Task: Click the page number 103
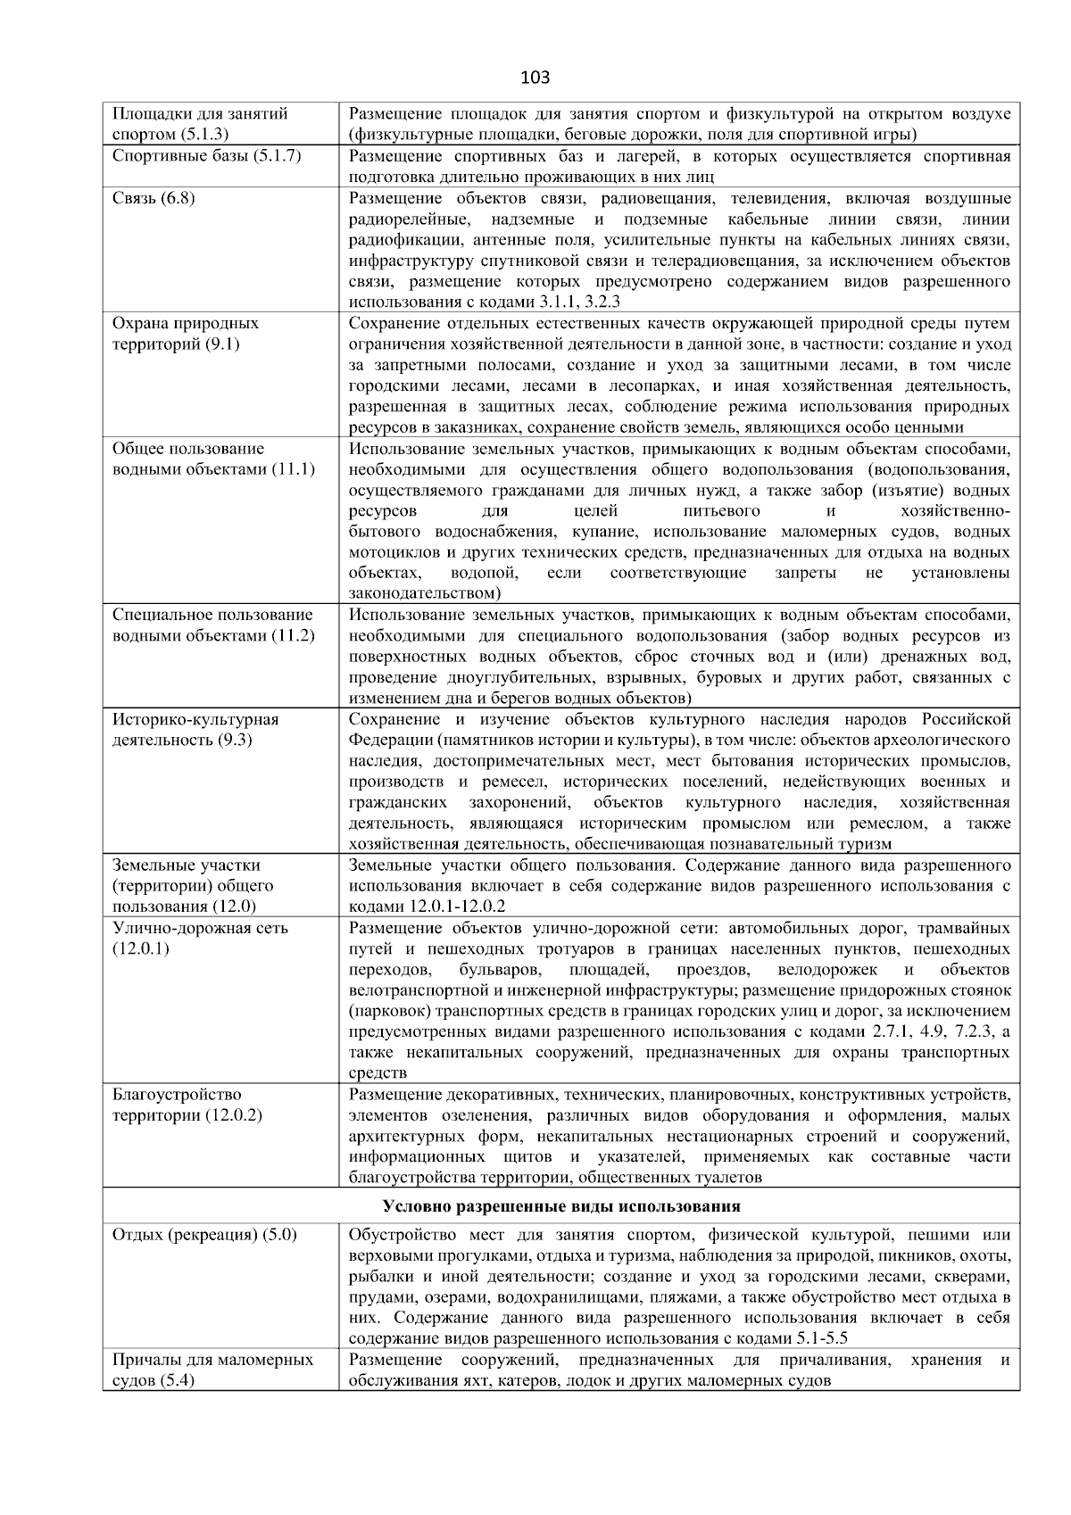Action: [x=535, y=78]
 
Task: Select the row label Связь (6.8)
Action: [x=154, y=198]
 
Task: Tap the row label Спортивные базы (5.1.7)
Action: [x=206, y=156]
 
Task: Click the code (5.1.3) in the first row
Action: [x=204, y=135]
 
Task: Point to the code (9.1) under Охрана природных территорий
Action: [x=222, y=344]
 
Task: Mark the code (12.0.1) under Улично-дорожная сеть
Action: [x=140, y=948]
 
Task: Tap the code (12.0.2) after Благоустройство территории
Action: [x=233, y=1115]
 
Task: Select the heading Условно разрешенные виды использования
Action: [x=561, y=1206]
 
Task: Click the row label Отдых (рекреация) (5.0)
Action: [x=204, y=1235]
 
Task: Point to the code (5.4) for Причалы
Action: [x=176, y=1381]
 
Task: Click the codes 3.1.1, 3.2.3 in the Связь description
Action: [x=579, y=302]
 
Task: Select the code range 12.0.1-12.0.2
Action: [x=457, y=907]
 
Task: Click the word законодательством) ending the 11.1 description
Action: [x=425, y=593]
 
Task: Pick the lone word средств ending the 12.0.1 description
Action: [x=378, y=1073]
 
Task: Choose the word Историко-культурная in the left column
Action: [x=195, y=720]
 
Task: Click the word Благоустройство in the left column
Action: [x=177, y=1095]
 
